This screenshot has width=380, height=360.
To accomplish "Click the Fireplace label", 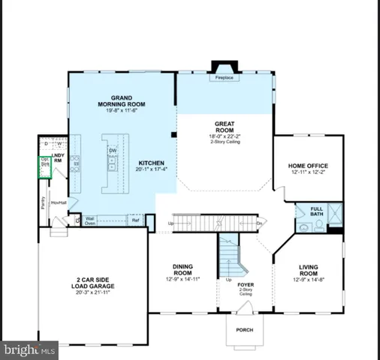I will [223, 77].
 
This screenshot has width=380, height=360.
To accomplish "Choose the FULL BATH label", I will [316, 211].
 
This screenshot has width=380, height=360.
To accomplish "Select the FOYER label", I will [246, 285].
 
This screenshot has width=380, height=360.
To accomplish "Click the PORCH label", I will [245, 329].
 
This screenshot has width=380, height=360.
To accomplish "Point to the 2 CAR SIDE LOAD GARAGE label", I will [93, 282].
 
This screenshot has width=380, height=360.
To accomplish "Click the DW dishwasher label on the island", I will [112, 150].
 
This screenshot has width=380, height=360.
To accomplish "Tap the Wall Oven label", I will [89, 220].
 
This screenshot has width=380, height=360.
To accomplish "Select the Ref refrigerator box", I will [136, 220].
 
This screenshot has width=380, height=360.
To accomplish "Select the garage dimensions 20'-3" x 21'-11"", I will [93, 292].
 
